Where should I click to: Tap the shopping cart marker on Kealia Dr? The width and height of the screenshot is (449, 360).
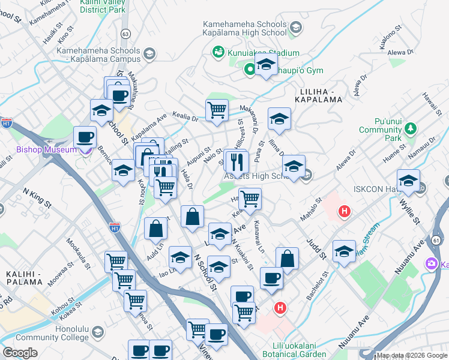coord(217,110)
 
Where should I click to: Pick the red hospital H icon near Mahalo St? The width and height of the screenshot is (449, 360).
coord(344,211)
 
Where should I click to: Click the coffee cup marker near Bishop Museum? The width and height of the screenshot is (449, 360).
coord(85,137)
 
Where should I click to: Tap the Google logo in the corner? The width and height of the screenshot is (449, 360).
coord(20,353)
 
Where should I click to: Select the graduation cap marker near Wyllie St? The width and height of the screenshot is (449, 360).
coord(408,181)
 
